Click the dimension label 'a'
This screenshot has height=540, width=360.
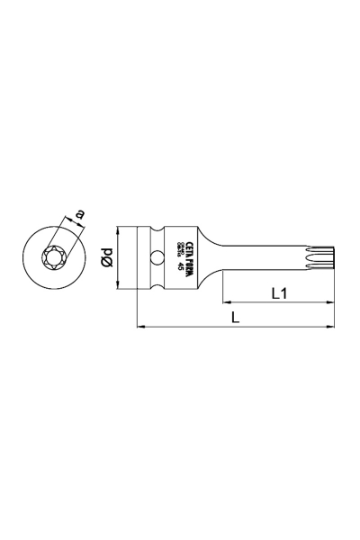[x=80, y=214]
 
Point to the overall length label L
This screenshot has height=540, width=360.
[x=235, y=317]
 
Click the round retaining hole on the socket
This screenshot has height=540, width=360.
[x=158, y=258]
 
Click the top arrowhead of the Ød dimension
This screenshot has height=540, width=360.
[x=118, y=229]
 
